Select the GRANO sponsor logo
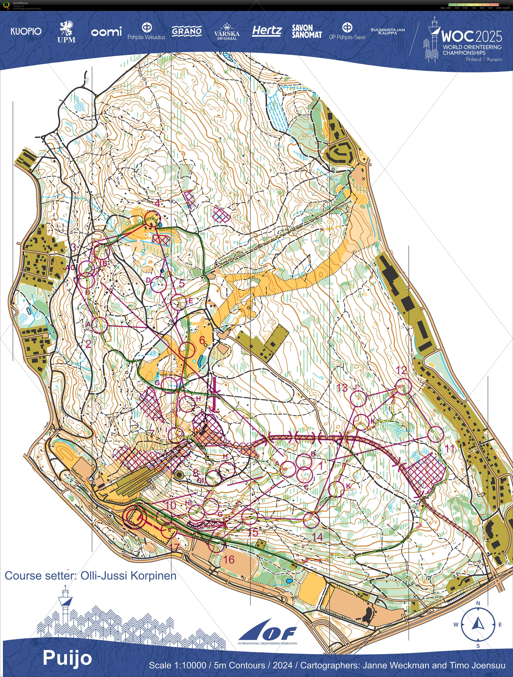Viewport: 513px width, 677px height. click(x=186, y=31)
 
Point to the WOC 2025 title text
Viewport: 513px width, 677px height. click(x=471, y=36)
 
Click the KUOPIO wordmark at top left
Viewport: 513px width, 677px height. click(x=26, y=31)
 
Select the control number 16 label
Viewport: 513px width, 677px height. click(x=228, y=560)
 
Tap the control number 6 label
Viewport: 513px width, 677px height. click(x=202, y=340)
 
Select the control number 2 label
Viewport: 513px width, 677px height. click(x=88, y=344)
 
